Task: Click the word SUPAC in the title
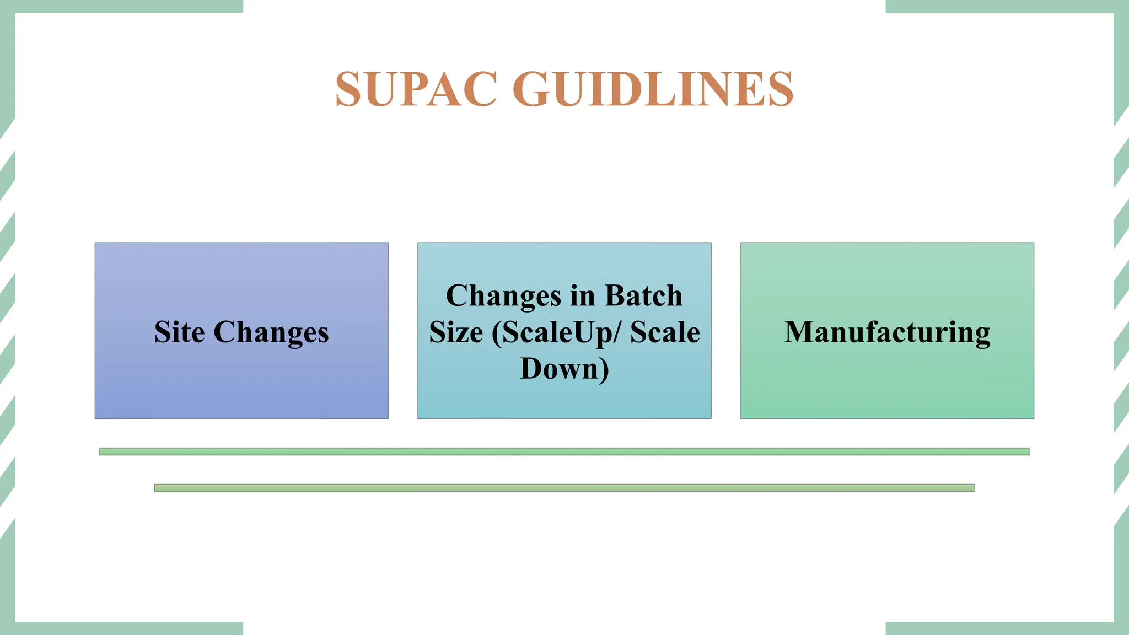[416, 89]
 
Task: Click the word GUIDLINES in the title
[653, 89]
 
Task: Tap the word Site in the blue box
[179, 332]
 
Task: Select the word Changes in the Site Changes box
[271, 332]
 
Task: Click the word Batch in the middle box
[643, 296]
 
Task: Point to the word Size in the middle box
[456, 332]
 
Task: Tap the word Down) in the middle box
[564, 369]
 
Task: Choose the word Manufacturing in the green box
[887, 332]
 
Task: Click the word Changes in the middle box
[504, 296]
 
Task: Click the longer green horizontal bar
[564, 451]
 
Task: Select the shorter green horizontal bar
[564, 488]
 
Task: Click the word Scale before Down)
[665, 332]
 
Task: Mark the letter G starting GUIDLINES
[531, 89]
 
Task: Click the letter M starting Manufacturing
[799, 332]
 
